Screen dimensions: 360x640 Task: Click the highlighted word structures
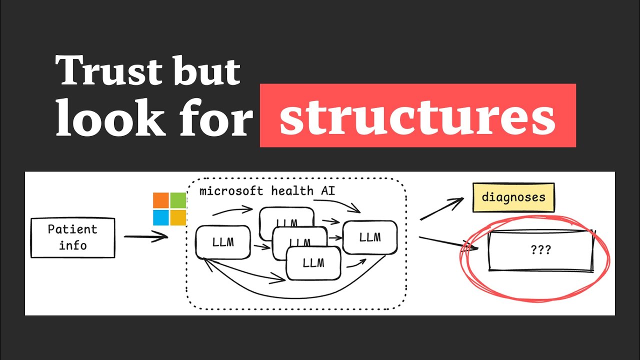click(x=417, y=116)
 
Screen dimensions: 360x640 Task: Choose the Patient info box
click(x=72, y=237)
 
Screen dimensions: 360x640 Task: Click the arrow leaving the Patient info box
click(x=145, y=236)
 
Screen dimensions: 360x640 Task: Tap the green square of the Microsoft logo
click(x=178, y=200)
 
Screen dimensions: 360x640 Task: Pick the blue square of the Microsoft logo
click(x=161, y=217)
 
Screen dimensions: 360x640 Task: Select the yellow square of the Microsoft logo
click(x=178, y=217)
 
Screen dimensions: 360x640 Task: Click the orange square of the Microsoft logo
click(x=161, y=200)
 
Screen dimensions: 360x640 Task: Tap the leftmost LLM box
click(x=222, y=242)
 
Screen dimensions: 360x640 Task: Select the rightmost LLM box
click(x=369, y=237)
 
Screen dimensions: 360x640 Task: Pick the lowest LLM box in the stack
click(x=313, y=262)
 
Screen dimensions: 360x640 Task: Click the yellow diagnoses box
click(x=513, y=197)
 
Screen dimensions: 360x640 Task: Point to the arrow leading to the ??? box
click(x=447, y=243)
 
